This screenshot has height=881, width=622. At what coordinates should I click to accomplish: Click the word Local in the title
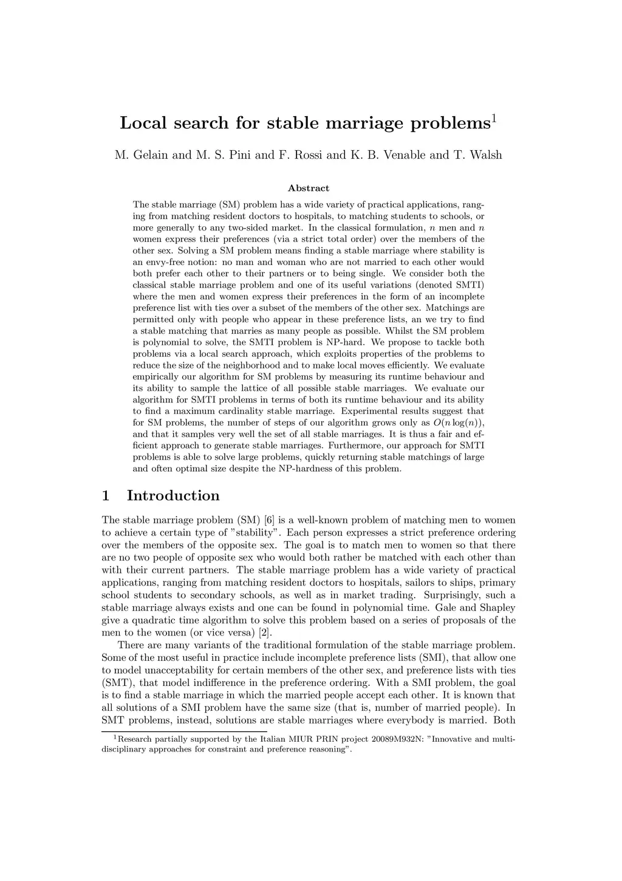click(144, 123)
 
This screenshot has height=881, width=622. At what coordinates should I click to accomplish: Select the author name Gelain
click(148, 155)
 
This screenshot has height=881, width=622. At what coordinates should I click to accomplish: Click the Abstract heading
click(309, 188)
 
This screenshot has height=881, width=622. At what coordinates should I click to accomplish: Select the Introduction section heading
click(173, 496)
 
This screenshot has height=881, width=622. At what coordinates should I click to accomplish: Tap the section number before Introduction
click(106, 496)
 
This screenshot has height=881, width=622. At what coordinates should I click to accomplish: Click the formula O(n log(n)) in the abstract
click(459, 423)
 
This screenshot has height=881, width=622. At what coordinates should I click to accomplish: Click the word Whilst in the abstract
click(415, 331)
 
